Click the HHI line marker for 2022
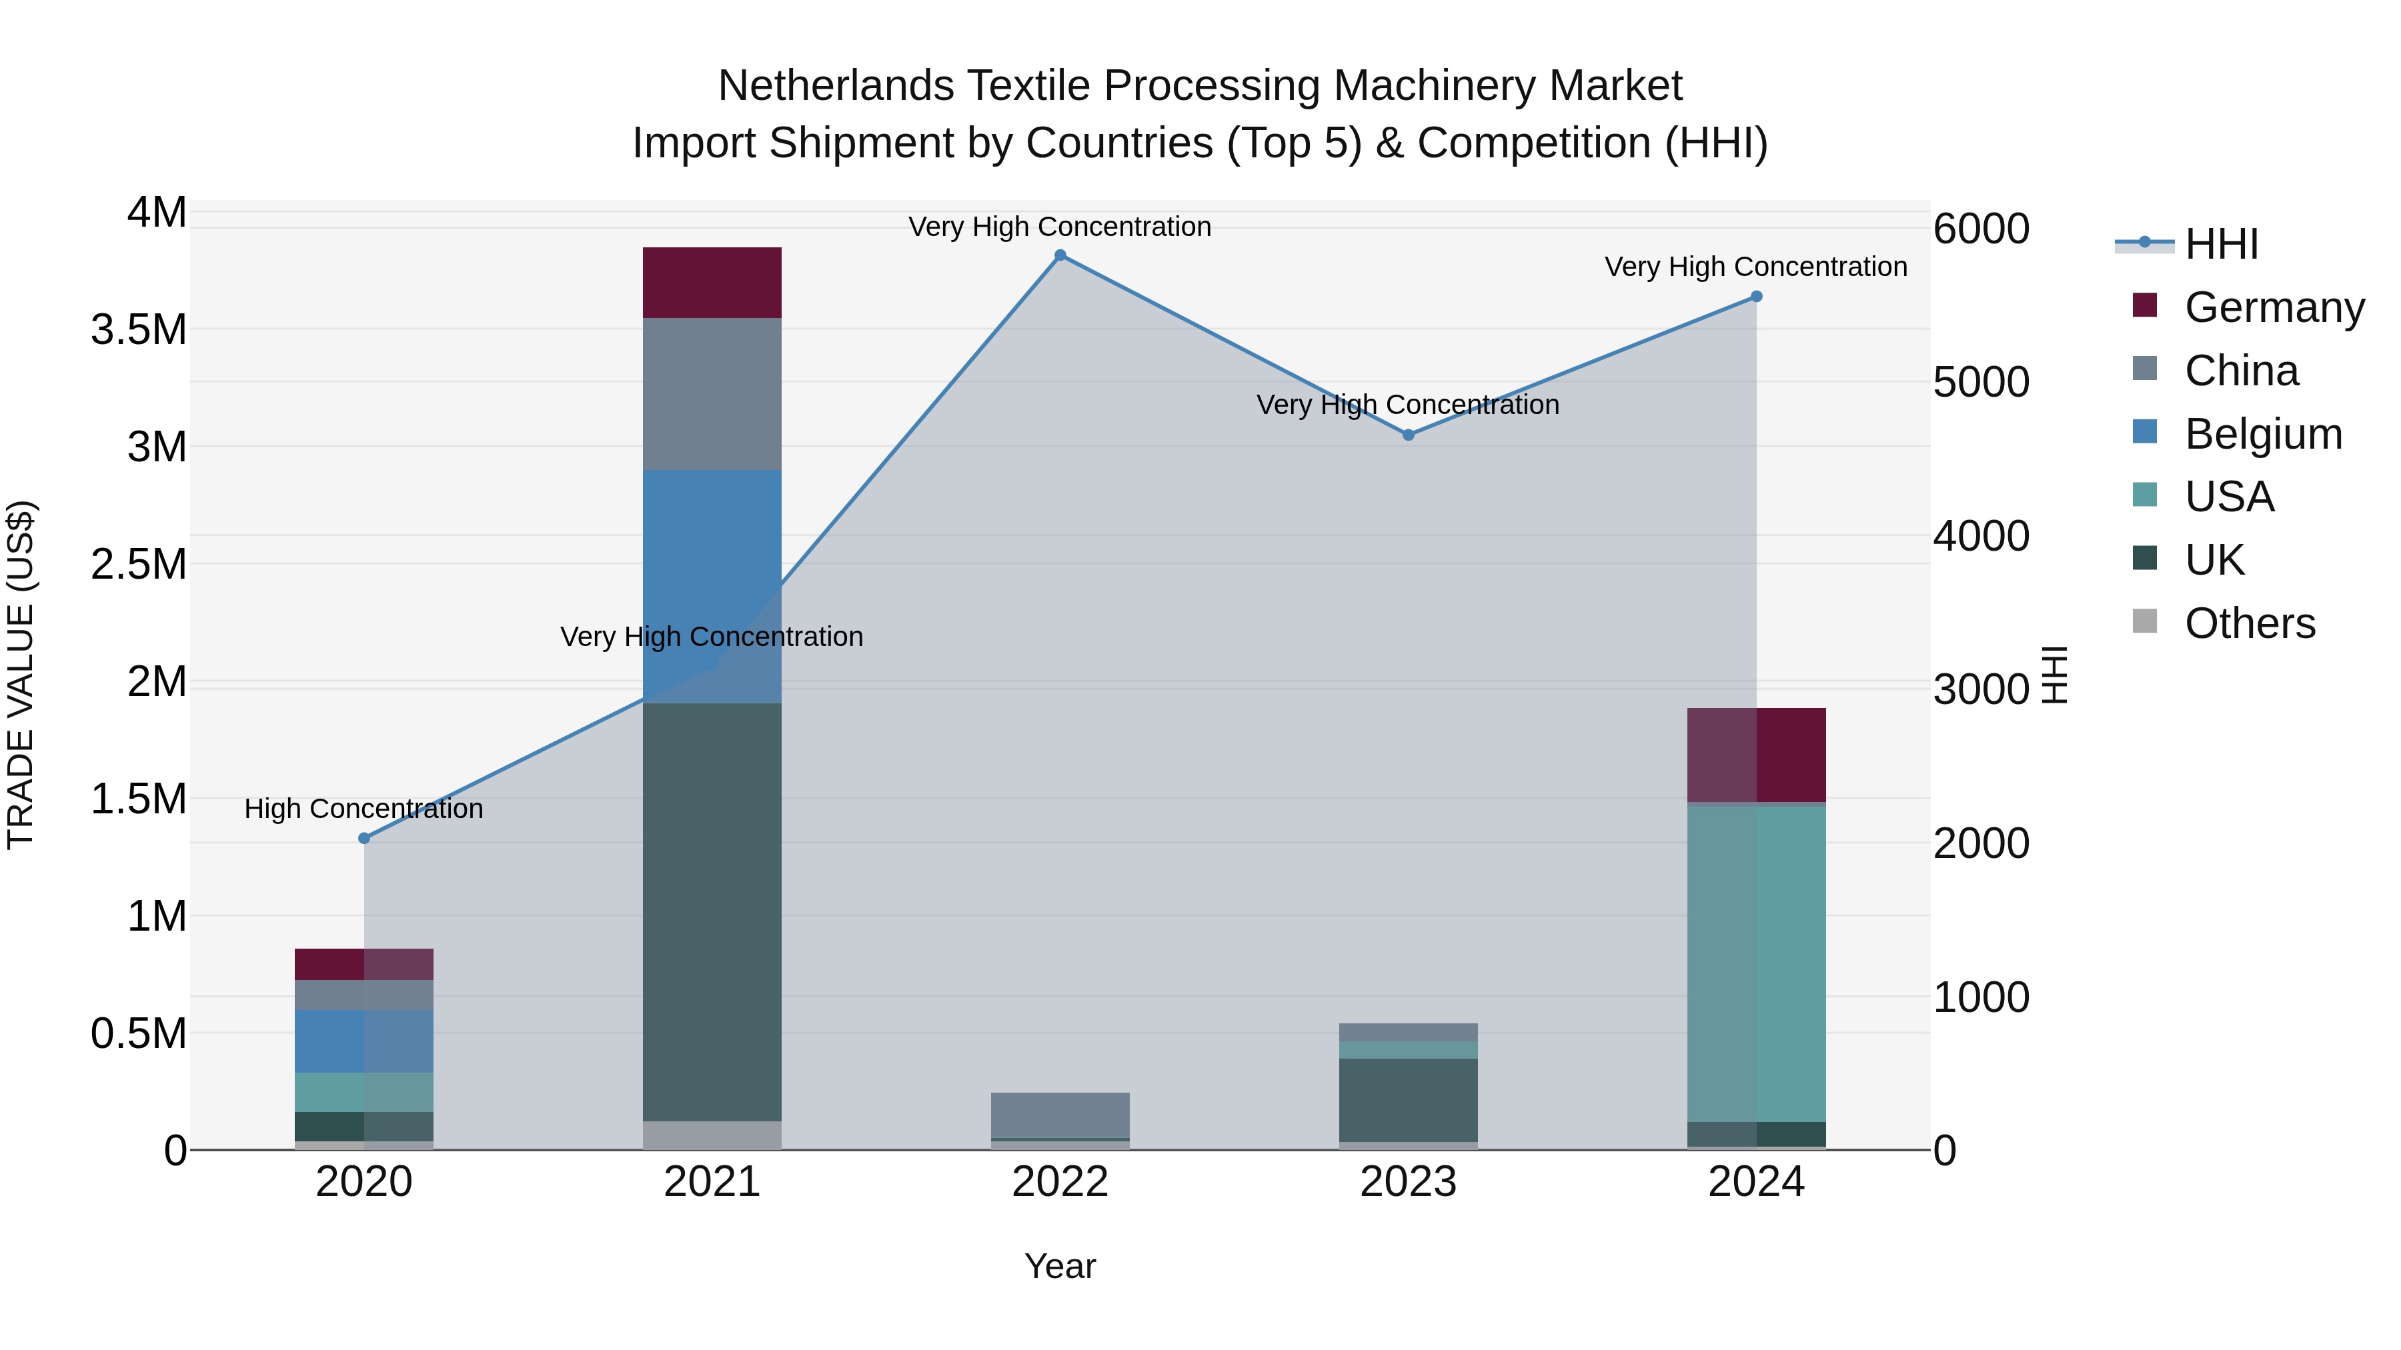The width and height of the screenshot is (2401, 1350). tap(1060, 255)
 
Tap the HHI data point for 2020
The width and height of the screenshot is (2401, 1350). tap(364, 839)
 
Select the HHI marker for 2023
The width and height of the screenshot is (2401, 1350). tap(1409, 435)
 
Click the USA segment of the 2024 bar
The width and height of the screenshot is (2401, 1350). tap(1756, 963)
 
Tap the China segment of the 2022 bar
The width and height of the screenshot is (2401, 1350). tap(1060, 1114)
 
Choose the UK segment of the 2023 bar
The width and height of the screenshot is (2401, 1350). tap(1409, 1099)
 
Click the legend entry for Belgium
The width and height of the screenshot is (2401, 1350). tap(2262, 434)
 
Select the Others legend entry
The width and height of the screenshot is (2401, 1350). tap(2249, 623)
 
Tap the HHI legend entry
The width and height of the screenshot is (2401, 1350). tap(2221, 244)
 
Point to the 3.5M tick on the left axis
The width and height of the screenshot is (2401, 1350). tap(139, 330)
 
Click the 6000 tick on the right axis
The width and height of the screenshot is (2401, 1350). tap(1981, 229)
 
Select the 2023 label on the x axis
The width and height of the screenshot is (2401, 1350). tap(1409, 1182)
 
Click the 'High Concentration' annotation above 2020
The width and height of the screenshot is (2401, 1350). tap(363, 809)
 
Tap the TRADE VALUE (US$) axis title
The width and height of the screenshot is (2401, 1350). tap(21, 675)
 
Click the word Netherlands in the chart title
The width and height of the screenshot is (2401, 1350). tap(835, 86)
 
